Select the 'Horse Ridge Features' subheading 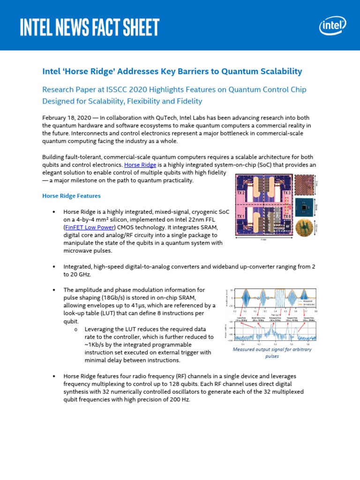pos(71,195)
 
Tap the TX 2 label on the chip pos(240,193)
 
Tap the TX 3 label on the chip pos(286,193)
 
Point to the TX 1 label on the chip pos(240,216)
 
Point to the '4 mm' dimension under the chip pos(264,239)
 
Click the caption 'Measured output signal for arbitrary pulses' pos(272,352)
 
